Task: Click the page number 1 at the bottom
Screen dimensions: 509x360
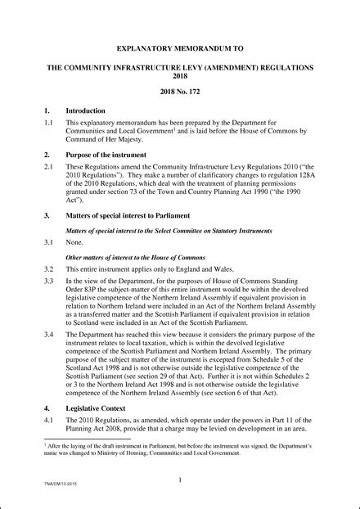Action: [x=179, y=482]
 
